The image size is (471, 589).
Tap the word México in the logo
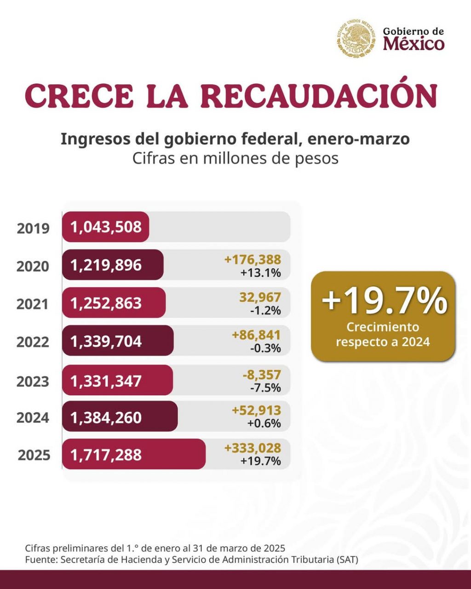pyautogui.click(x=414, y=44)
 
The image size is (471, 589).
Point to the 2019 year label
pyautogui.click(x=33, y=228)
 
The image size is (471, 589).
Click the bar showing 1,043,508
pyautogui.click(x=106, y=227)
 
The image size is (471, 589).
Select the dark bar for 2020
pyautogui.click(x=113, y=265)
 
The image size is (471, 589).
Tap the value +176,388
pyautogui.click(x=253, y=260)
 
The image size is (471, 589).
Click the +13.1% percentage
pyautogui.click(x=260, y=273)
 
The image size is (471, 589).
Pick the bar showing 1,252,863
pyautogui.click(x=114, y=303)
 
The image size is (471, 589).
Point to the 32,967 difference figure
pyautogui.click(x=260, y=297)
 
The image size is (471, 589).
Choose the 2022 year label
pyautogui.click(x=33, y=342)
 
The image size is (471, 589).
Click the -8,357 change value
pyautogui.click(x=261, y=375)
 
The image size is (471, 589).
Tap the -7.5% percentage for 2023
pyautogui.click(x=265, y=387)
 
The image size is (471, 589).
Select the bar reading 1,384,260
pyautogui.click(x=120, y=417)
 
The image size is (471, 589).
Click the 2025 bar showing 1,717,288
pyautogui.click(x=133, y=455)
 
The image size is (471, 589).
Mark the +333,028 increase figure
pyautogui.click(x=253, y=448)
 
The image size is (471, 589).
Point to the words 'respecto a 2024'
pyautogui.click(x=383, y=342)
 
